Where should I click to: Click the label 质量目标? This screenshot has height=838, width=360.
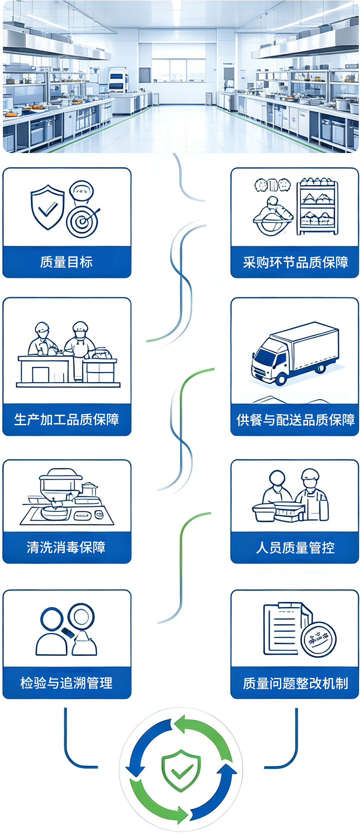(66, 262)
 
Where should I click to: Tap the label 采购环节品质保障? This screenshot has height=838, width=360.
(295, 262)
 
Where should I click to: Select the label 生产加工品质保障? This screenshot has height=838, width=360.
(66, 419)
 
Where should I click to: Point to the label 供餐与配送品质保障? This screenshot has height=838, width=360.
(295, 420)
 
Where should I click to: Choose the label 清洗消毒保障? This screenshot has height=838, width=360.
(66, 547)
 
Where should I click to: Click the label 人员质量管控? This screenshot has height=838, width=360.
(295, 548)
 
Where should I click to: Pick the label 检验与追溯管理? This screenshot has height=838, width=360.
(66, 683)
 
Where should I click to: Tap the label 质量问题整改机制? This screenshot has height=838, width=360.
(295, 683)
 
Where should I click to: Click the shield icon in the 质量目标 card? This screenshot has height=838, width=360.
(47, 207)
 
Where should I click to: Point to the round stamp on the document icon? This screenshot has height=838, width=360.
(318, 640)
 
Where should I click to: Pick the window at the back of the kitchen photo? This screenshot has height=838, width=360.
(179, 70)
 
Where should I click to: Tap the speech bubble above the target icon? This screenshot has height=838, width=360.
(82, 191)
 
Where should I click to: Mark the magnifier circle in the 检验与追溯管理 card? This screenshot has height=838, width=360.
(81, 617)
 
